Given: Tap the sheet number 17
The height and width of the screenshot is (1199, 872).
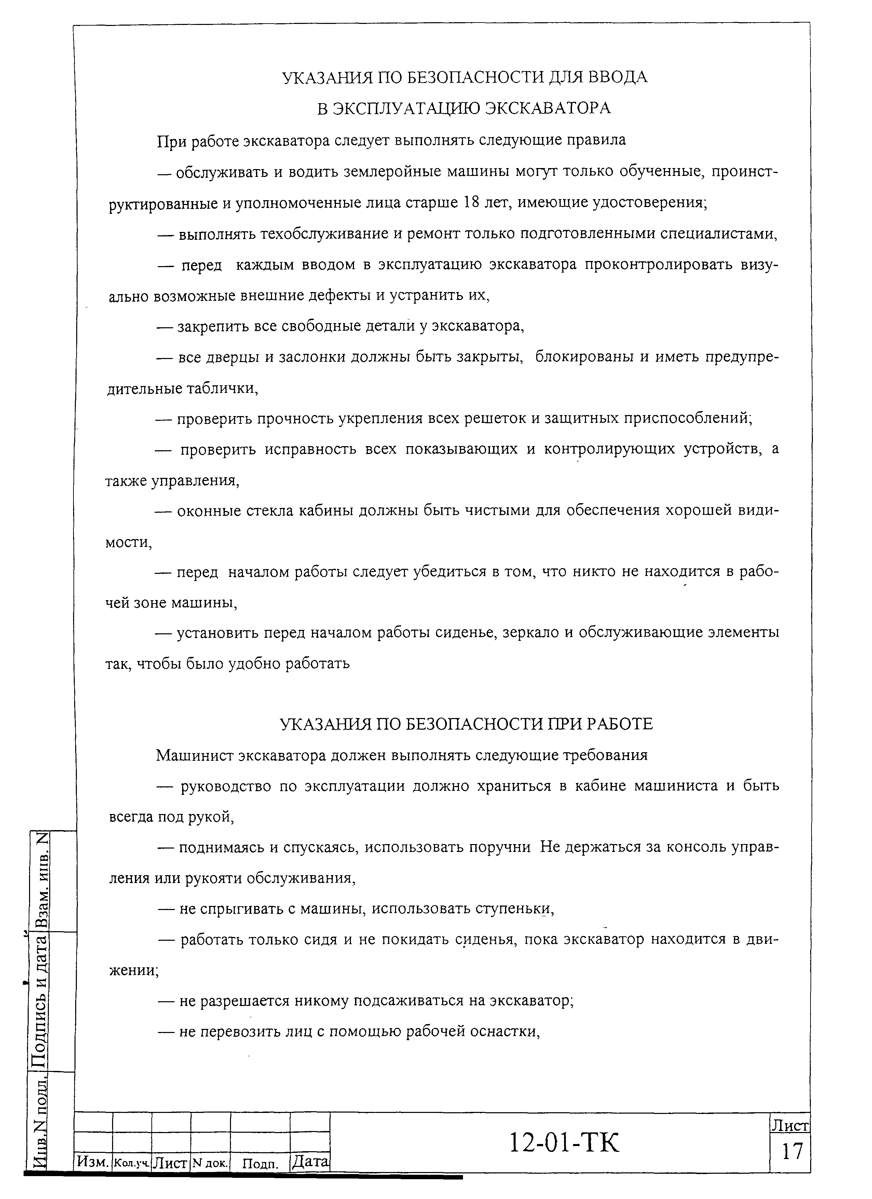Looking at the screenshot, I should point(792,1151).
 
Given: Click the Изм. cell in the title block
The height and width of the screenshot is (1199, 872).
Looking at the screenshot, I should point(93,1161).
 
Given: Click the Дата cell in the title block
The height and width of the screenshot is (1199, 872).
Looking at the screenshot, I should point(310,1161).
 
